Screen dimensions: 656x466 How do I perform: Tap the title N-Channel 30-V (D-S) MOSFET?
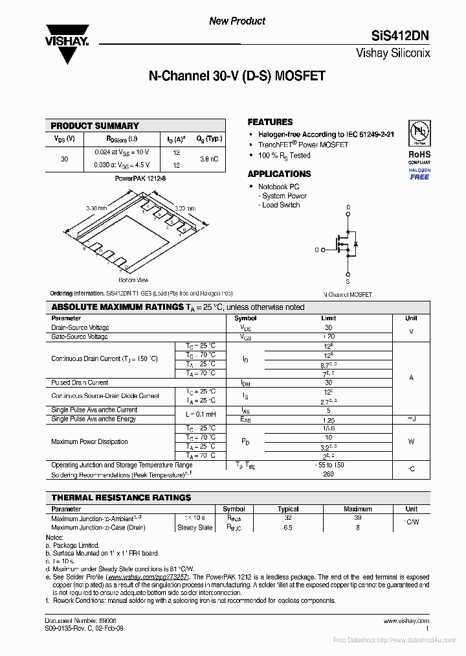[x=237, y=76]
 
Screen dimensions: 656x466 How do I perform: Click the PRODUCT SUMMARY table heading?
[x=94, y=126]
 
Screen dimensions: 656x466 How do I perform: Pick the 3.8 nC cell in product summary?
[x=208, y=159]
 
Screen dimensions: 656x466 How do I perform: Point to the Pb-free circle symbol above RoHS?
[x=419, y=133]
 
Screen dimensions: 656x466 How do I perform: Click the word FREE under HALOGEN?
[x=419, y=177]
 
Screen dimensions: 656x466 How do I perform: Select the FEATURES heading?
[x=270, y=122]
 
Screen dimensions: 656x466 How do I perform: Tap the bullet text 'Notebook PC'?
[x=280, y=187]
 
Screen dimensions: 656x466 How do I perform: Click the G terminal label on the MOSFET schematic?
[x=317, y=250]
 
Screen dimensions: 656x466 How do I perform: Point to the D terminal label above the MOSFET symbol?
[x=348, y=207]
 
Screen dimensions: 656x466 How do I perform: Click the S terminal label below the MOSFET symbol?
[x=348, y=282]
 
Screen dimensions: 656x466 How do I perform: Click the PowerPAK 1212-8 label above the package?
[x=136, y=178]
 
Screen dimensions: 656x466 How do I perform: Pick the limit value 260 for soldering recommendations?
[x=329, y=474]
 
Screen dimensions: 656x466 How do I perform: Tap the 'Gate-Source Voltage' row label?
[x=80, y=336]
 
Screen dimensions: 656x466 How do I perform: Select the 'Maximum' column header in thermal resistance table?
[x=358, y=509]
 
